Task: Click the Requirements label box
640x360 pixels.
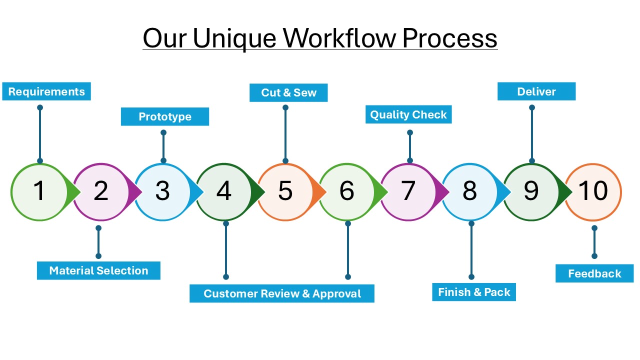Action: point(46,91)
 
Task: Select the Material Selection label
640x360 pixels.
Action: point(98,270)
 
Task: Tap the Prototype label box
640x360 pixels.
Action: point(165,116)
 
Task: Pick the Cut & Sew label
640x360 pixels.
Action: point(288,92)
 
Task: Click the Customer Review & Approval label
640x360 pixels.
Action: point(282,293)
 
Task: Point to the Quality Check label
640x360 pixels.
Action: point(408,114)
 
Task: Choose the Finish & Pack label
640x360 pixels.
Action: point(474,292)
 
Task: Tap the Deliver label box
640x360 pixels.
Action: point(536,91)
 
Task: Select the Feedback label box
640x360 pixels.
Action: point(594,273)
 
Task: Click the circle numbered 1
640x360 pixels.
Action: point(39,191)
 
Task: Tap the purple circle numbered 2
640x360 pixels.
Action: point(101,191)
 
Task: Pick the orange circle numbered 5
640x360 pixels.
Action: point(285,191)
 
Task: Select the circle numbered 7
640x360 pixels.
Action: point(408,191)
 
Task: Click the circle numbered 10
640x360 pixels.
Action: point(593,191)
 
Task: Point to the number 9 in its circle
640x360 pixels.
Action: point(531,191)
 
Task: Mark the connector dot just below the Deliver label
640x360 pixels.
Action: point(532,107)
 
